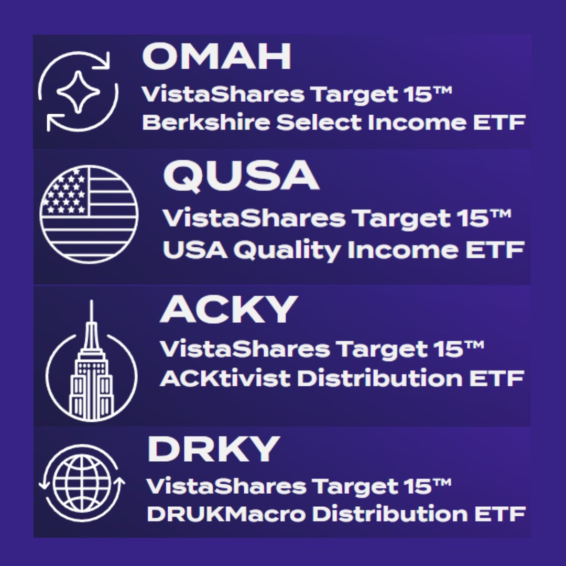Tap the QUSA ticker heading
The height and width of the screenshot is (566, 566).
click(241, 177)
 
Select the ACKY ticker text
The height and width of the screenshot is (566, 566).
click(229, 310)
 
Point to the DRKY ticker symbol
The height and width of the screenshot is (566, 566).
click(213, 449)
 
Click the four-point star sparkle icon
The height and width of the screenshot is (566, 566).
click(78, 92)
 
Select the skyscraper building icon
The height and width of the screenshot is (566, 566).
click(92, 367)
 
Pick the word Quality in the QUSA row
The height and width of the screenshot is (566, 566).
click(287, 251)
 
